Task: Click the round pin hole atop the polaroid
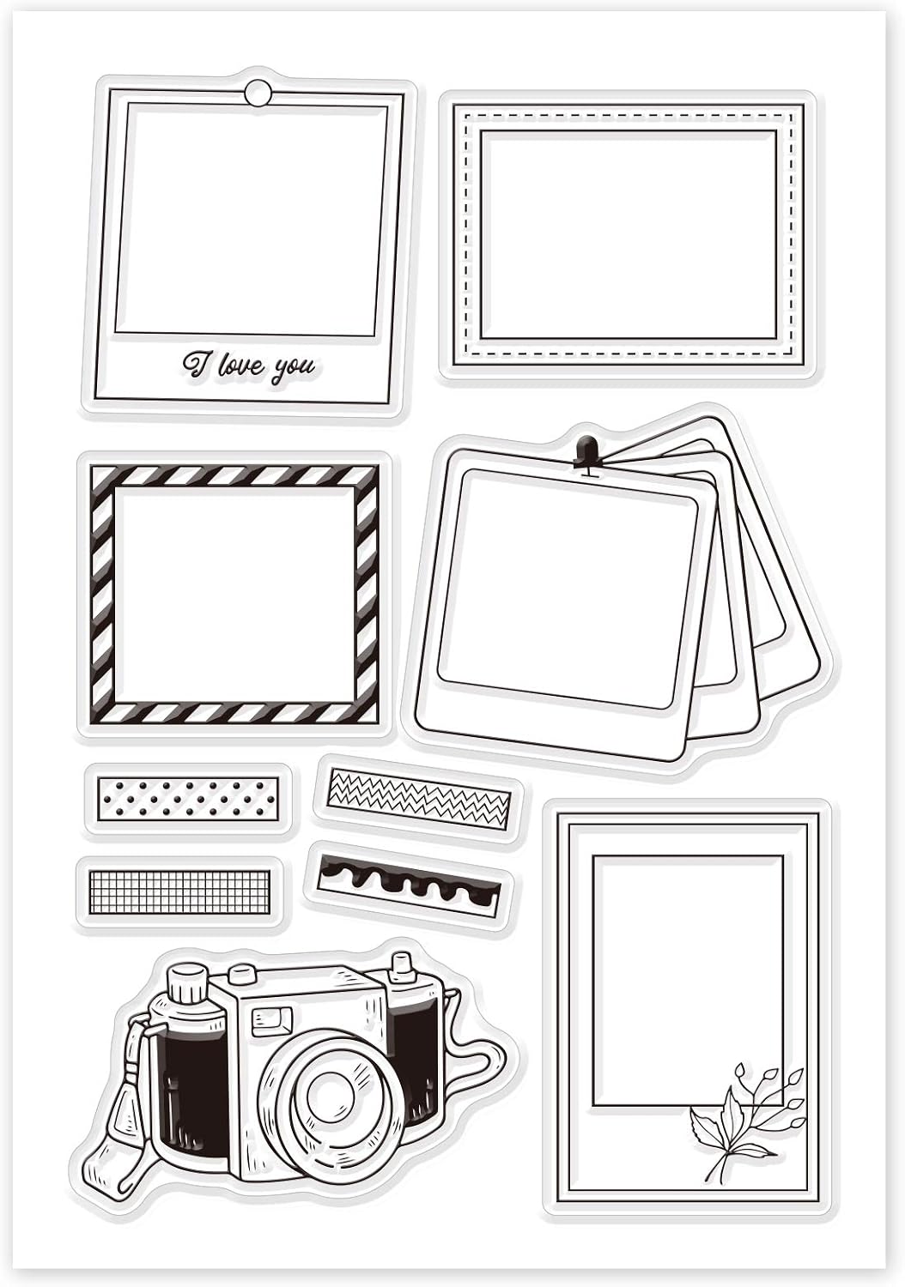pos(255,92)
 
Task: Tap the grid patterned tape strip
pos(179,891)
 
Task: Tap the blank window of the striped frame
pos(234,595)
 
